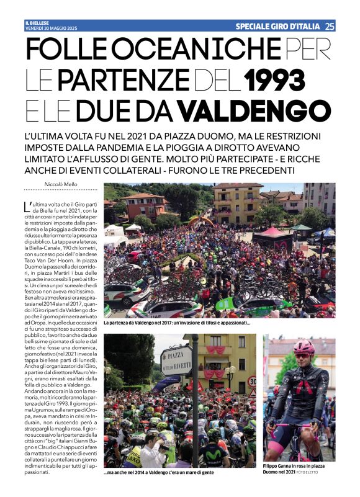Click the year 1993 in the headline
coord(274,79)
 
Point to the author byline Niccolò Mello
coord(60,184)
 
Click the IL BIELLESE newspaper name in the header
coord(38,23)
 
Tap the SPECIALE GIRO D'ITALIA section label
coord(278,26)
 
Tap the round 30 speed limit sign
coord(251,381)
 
